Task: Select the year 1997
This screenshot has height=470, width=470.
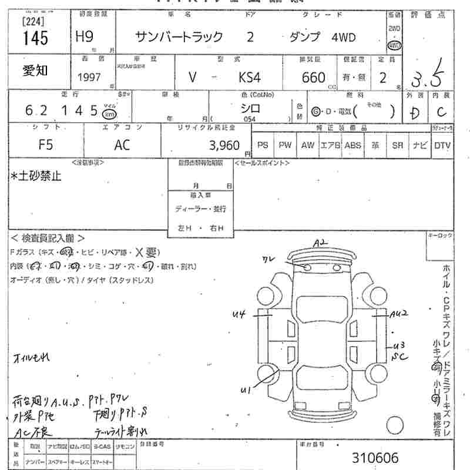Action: tap(89, 78)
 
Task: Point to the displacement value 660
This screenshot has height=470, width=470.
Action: tap(314, 78)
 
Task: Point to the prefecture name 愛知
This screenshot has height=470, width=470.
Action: tap(35, 71)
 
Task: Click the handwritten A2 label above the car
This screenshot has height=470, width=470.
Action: tap(320, 243)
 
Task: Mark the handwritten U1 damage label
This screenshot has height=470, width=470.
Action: tap(245, 389)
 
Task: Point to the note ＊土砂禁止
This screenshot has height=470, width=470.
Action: tap(36, 176)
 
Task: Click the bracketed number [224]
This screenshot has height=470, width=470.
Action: tap(34, 22)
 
